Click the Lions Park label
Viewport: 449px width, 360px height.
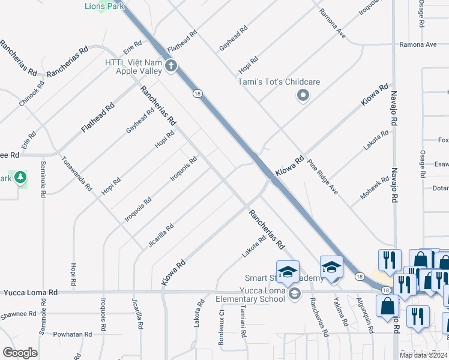[x=104, y=6]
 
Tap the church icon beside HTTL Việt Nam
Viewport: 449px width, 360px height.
[x=171, y=65]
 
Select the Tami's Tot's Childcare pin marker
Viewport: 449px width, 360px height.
[x=303, y=95]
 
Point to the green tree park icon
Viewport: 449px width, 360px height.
[x=20, y=178]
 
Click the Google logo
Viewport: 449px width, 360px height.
[x=20, y=353]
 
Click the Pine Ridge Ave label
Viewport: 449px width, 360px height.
[x=323, y=176]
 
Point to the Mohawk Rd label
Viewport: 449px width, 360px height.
[x=375, y=188]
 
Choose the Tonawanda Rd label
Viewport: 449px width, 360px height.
[x=77, y=173]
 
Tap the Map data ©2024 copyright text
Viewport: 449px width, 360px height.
[x=422, y=355]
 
